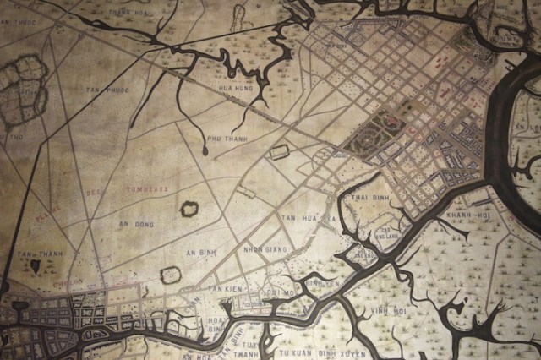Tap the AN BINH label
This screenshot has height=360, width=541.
(202, 252)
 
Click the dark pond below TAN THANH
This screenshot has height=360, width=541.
(35, 266)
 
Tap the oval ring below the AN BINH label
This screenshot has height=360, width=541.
(170, 274)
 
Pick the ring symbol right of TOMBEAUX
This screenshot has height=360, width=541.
(189, 208)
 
